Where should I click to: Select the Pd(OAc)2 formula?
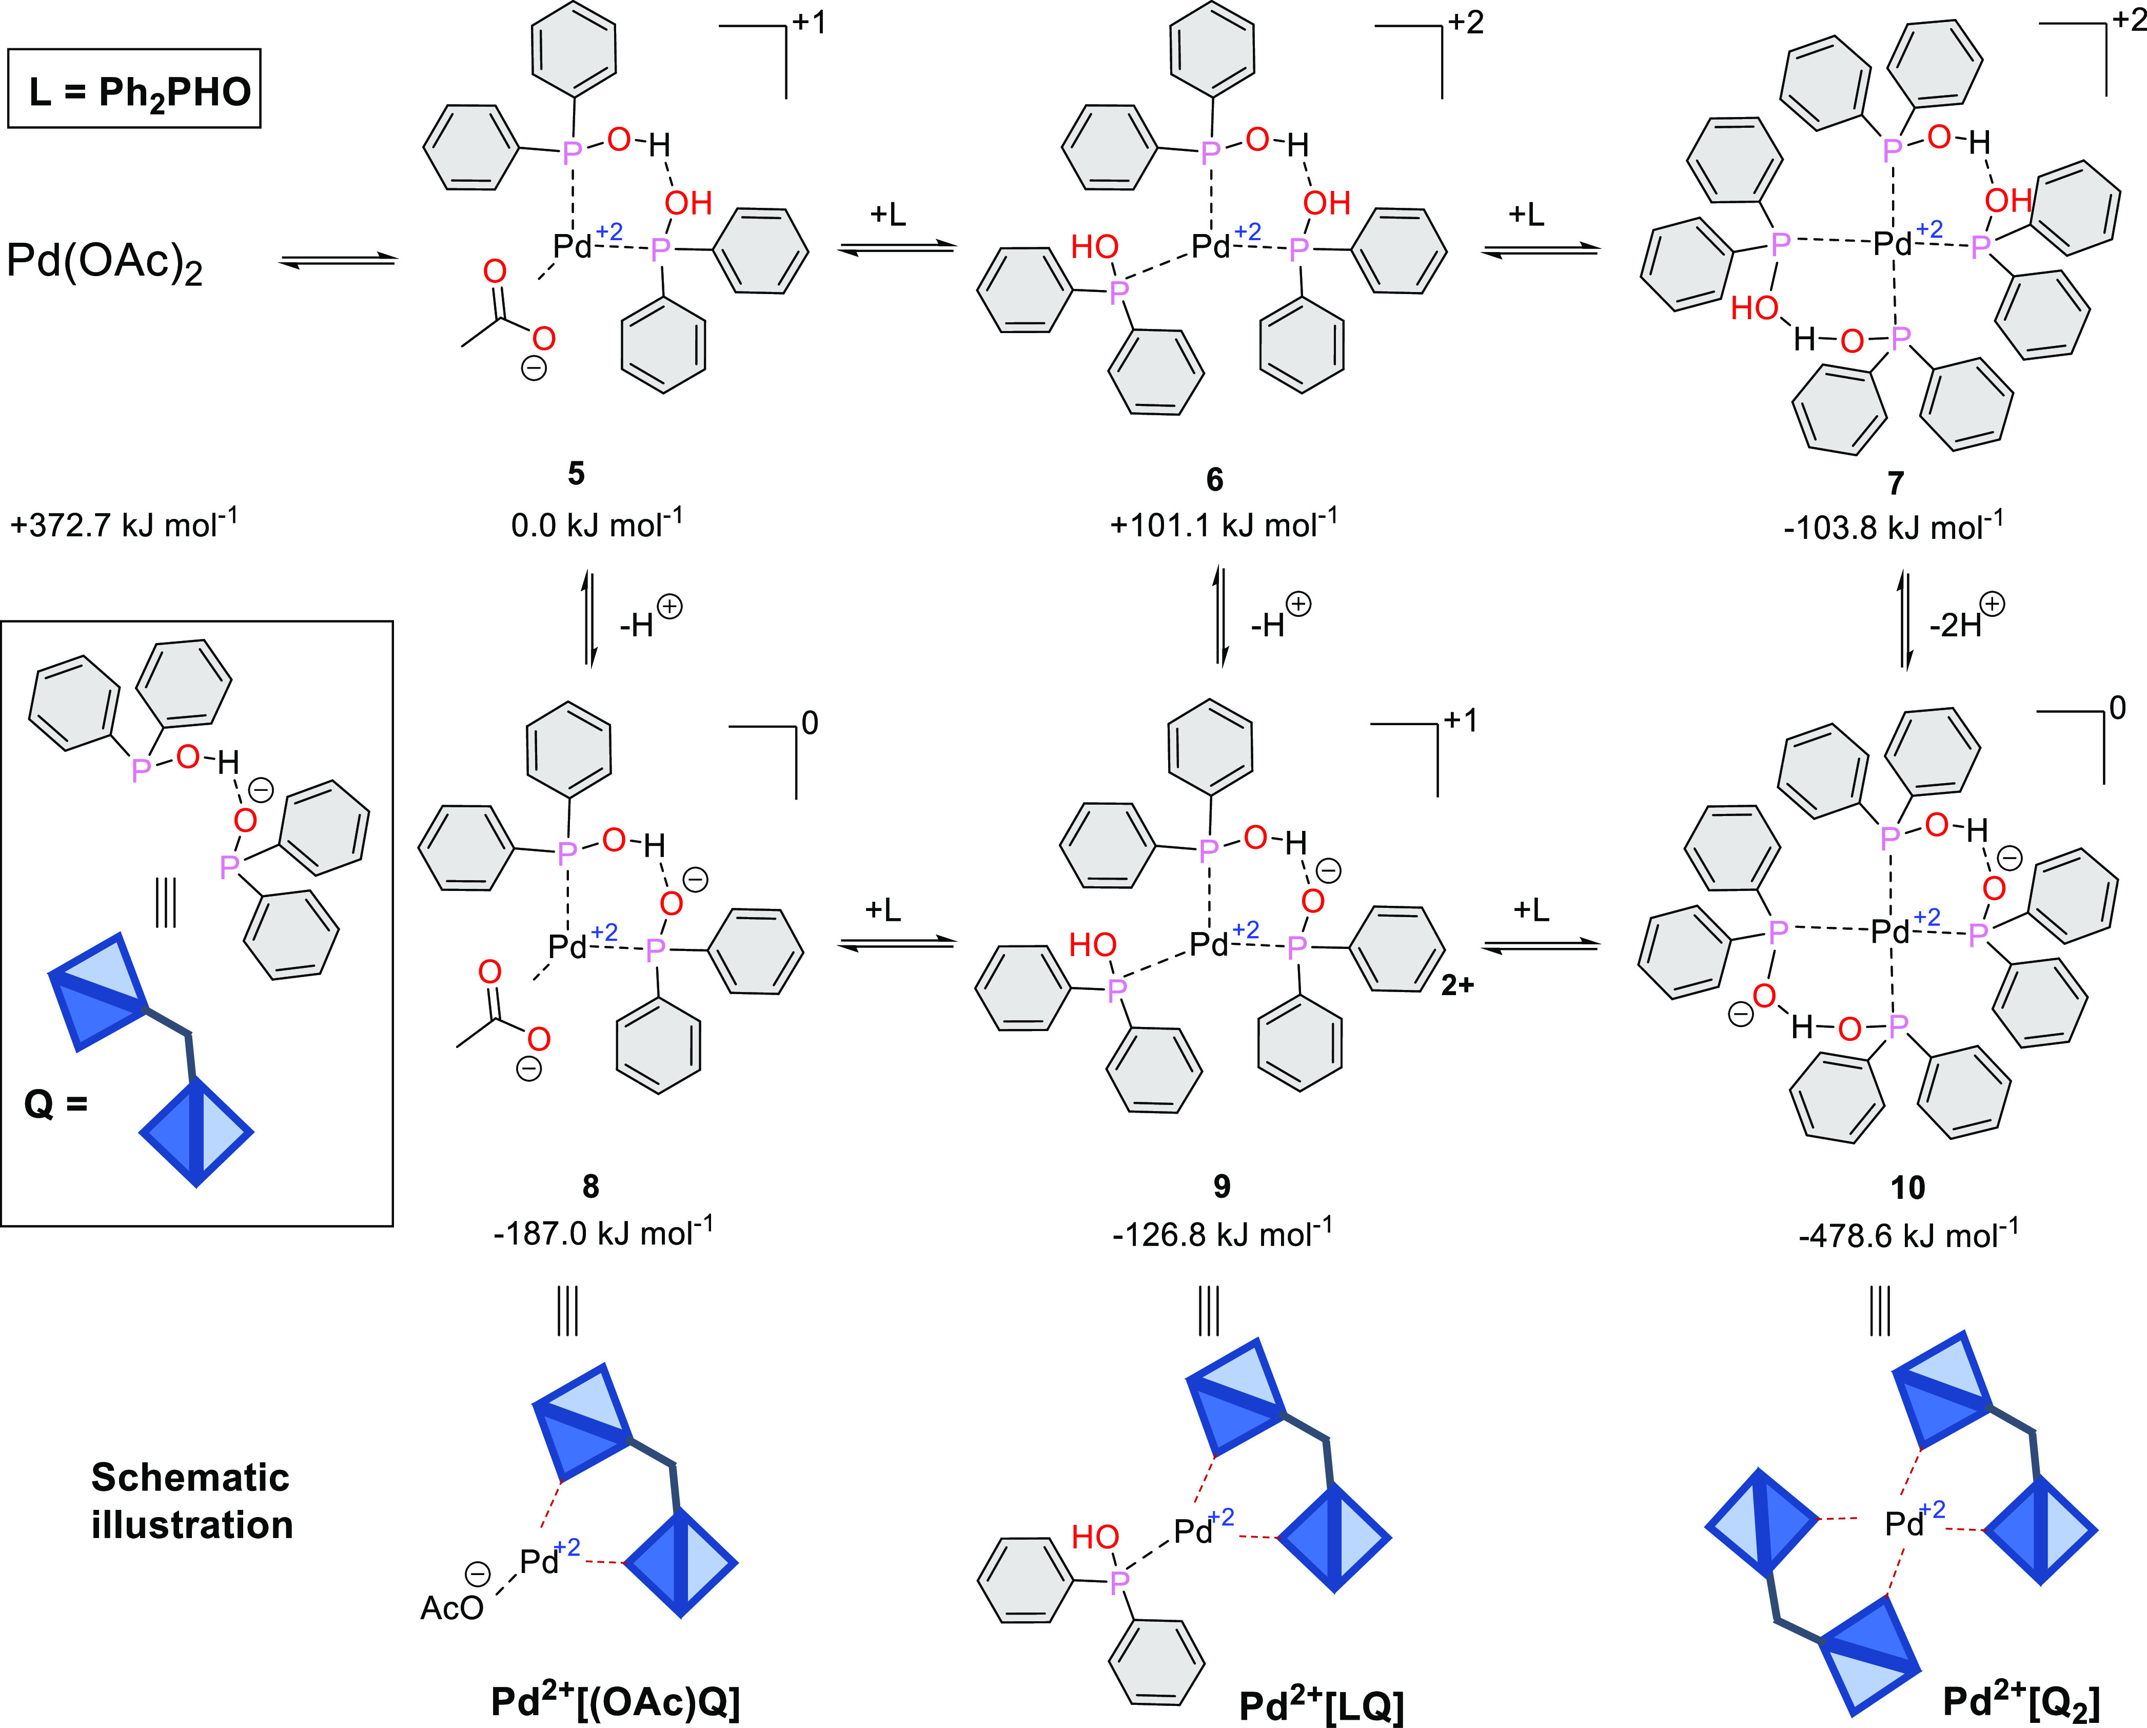(x=105, y=263)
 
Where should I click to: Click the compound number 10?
(x=1907, y=1187)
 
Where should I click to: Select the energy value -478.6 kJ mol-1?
(x=1907, y=1235)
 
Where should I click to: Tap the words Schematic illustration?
(x=191, y=1501)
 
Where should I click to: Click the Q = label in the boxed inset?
(x=56, y=1104)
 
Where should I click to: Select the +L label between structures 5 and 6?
(x=888, y=214)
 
